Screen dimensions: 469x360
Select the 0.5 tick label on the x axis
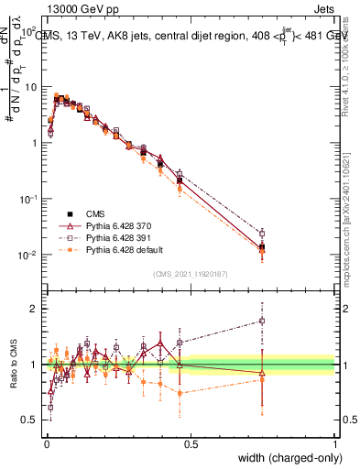[x=191, y=442]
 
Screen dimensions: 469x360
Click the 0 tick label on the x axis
[x=46, y=442]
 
